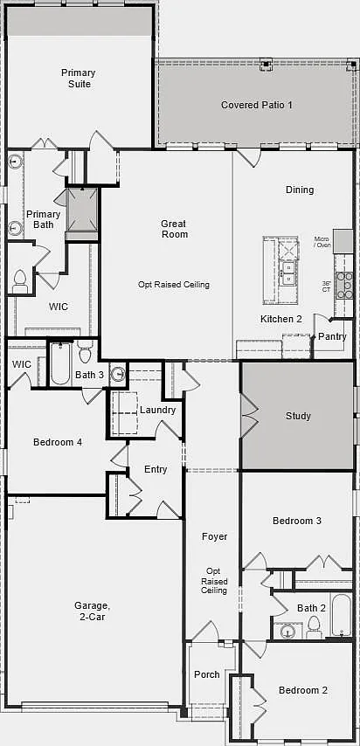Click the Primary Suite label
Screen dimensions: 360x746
[78, 79]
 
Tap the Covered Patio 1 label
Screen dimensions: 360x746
[257, 105]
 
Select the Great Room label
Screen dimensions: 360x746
[174, 229]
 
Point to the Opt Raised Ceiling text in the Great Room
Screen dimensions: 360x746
[174, 285]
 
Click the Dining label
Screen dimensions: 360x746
[300, 190]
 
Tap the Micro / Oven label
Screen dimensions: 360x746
[322, 242]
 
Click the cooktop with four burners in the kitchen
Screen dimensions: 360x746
[344, 286]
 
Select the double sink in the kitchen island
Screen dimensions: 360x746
[288, 273]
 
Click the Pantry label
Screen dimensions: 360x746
[332, 336]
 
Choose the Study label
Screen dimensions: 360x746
[298, 417]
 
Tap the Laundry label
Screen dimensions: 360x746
[157, 410]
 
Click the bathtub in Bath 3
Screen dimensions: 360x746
[60, 363]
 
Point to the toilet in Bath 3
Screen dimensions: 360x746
[87, 351]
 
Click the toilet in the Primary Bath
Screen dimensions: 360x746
[20, 280]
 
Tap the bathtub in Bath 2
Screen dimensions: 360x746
[342, 614]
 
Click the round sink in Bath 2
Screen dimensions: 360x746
[288, 632]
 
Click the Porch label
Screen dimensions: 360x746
[207, 674]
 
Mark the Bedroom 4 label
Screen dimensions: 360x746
[58, 443]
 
